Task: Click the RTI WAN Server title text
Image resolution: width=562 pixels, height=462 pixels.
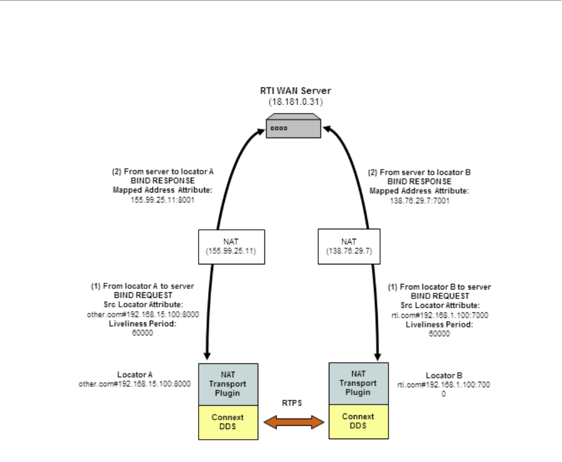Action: coord(293,91)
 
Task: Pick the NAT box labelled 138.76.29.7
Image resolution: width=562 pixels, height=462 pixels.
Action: coord(349,246)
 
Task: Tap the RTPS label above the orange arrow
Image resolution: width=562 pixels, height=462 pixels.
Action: coord(293,404)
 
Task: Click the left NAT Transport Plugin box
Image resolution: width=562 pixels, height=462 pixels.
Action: coord(228,384)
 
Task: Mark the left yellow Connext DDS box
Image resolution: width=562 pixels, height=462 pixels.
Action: coord(228,422)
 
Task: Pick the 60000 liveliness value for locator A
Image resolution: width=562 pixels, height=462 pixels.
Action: coord(142,332)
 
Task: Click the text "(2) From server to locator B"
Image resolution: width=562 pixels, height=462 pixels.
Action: coord(420,172)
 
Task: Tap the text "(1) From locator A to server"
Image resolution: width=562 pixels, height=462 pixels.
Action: coord(142,286)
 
